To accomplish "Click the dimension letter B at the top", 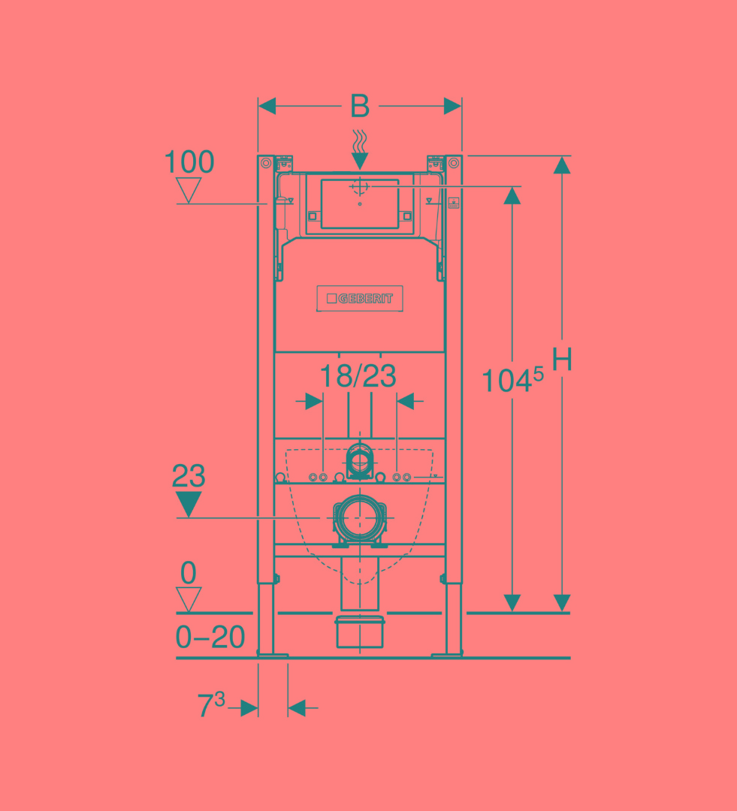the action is [x=360, y=106].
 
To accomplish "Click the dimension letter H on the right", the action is [x=562, y=359].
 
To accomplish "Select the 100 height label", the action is [x=189, y=162].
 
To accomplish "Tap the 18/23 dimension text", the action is [x=358, y=376].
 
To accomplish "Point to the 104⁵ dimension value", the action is [x=512, y=379].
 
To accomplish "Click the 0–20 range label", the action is [x=210, y=637].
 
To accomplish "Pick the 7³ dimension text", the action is [x=211, y=704].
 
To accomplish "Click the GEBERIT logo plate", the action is [x=360, y=298].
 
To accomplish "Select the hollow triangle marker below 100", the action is [x=189, y=190].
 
